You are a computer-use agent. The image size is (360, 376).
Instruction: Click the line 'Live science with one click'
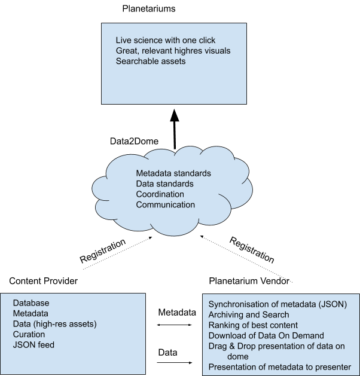[x=166, y=40]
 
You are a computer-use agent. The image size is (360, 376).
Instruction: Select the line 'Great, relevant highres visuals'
[x=173, y=51]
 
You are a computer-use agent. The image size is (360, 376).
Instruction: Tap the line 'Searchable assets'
[x=151, y=61]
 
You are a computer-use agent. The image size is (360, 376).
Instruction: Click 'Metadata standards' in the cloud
[x=173, y=173]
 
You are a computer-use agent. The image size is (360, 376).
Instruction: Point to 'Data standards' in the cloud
[x=164, y=184]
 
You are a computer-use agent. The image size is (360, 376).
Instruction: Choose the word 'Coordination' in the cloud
[x=160, y=194]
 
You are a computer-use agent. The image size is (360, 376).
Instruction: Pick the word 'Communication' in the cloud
[x=165, y=204]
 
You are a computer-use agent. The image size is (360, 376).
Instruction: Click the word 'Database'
[x=31, y=303]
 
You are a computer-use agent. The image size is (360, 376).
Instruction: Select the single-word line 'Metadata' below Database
[x=30, y=313]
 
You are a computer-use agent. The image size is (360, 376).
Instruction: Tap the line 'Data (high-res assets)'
[x=54, y=324]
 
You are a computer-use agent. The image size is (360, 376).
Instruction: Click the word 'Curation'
[x=29, y=334]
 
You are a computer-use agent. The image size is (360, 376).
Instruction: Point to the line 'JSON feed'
[x=33, y=345]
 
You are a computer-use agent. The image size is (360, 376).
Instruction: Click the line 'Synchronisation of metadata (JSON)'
[x=277, y=304]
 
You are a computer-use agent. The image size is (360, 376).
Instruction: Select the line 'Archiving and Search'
[x=248, y=314]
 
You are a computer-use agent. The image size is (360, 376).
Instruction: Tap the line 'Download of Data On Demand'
[x=266, y=335]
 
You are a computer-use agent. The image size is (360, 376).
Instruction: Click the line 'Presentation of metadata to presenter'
[x=280, y=366]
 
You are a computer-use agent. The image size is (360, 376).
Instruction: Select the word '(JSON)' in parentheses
[x=332, y=304]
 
